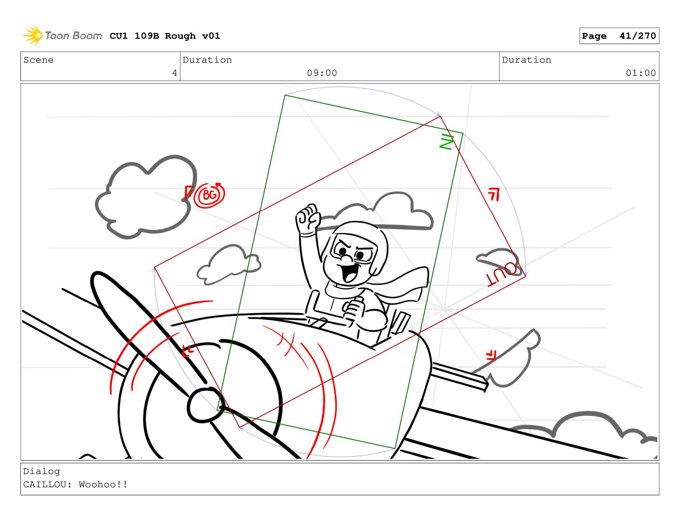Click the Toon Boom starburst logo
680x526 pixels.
click(x=33, y=35)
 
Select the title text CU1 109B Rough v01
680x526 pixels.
click(x=165, y=35)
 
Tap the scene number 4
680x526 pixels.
click(x=175, y=73)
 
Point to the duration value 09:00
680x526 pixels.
click(x=322, y=73)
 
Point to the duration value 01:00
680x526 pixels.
click(x=640, y=73)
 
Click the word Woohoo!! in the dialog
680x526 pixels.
click(x=103, y=484)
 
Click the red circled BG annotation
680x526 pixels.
click(x=209, y=195)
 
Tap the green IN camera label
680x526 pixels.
click(x=446, y=141)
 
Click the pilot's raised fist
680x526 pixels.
click(x=308, y=218)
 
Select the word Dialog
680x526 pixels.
click(x=41, y=471)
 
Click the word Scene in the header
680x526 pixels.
click(x=38, y=60)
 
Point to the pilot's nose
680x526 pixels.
click(x=347, y=258)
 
